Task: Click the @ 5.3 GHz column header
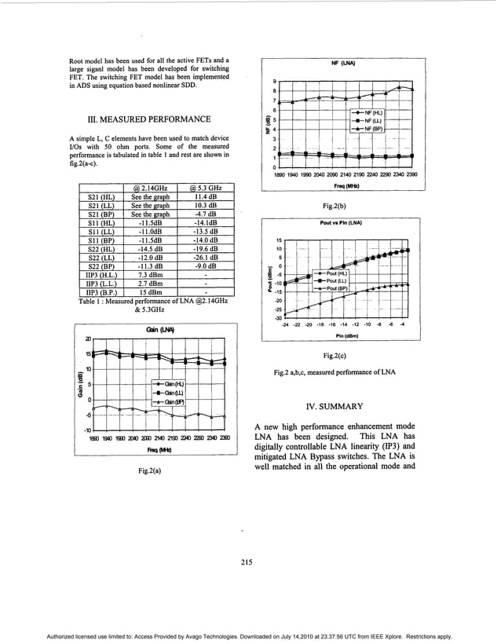pyautogui.click(x=205, y=188)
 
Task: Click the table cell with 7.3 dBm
pyautogui.click(x=150, y=275)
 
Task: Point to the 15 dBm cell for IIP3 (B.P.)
pyautogui.click(x=150, y=292)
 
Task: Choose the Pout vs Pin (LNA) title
pyautogui.click(x=341, y=224)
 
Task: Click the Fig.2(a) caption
pyautogui.click(x=149, y=471)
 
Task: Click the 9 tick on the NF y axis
pyautogui.click(x=274, y=82)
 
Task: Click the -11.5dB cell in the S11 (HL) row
pyautogui.click(x=150, y=223)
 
